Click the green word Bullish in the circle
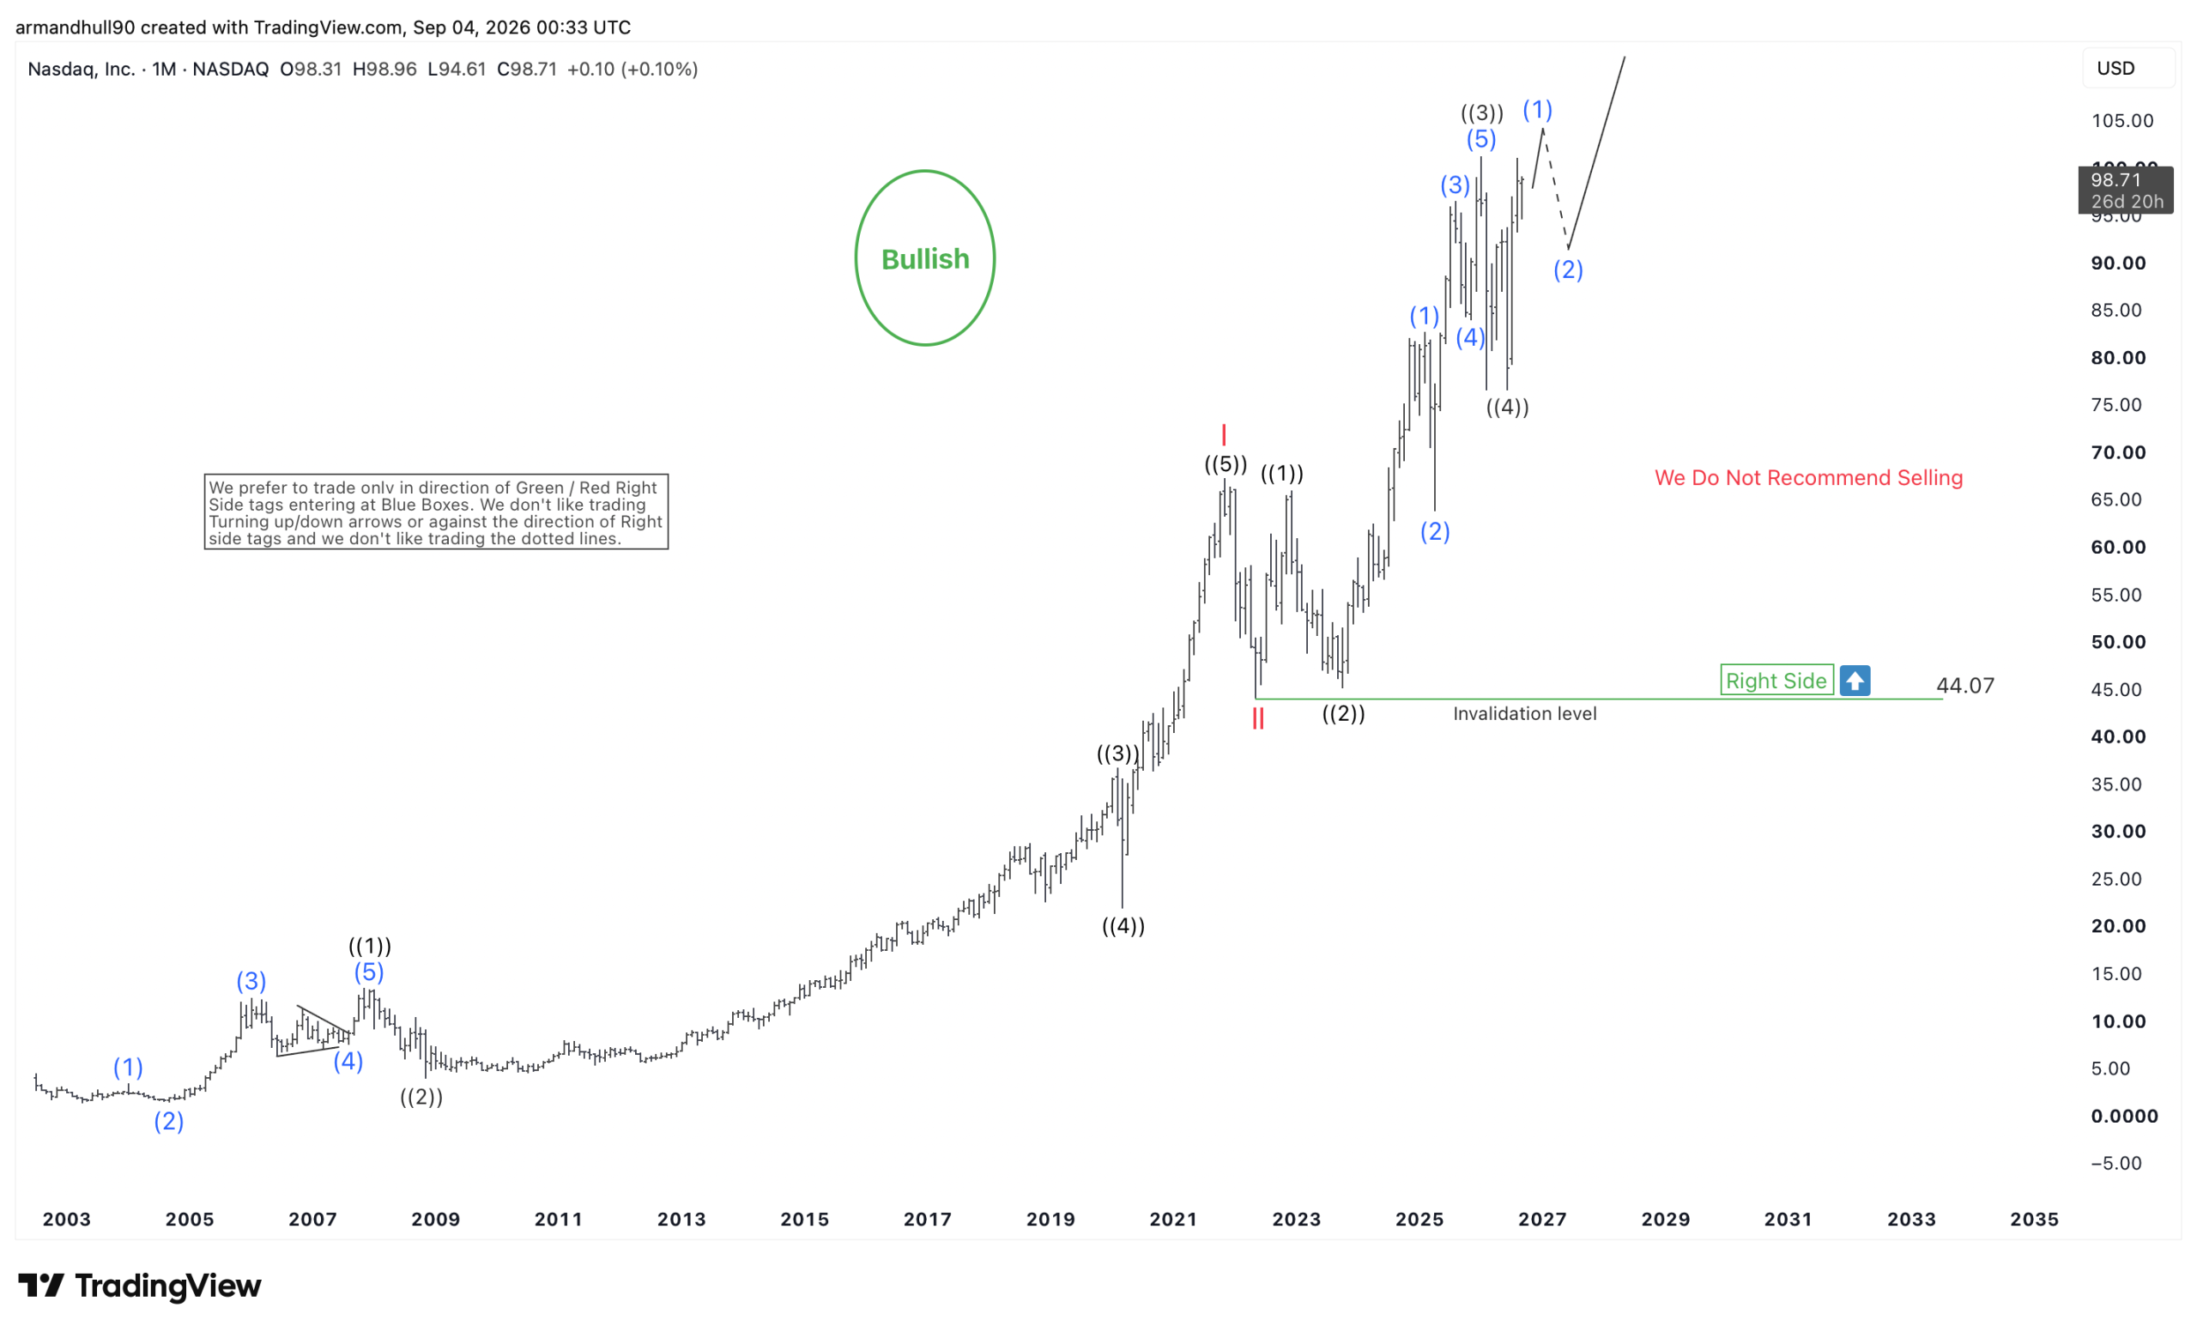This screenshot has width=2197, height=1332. (x=924, y=258)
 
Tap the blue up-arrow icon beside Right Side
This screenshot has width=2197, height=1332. (x=1855, y=681)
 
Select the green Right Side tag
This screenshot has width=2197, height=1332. (x=1776, y=681)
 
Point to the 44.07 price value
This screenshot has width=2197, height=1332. (x=1964, y=685)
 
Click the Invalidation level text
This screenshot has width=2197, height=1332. (x=1525, y=713)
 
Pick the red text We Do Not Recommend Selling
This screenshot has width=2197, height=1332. (x=1808, y=478)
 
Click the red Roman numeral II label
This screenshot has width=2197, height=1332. (x=1257, y=718)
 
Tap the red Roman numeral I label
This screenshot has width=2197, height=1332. (x=1224, y=434)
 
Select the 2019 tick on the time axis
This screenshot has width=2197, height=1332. (x=1050, y=1219)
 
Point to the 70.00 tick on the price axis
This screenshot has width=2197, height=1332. (x=2118, y=452)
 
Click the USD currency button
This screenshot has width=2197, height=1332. (x=2115, y=69)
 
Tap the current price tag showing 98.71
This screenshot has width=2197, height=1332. (x=2126, y=190)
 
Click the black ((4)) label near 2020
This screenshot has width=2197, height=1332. (x=1123, y=925)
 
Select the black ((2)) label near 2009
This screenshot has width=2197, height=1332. (x=421, y=1097)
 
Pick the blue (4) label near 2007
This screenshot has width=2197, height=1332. (x=348, y=1061)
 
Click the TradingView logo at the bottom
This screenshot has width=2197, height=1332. (x=140, y=1285)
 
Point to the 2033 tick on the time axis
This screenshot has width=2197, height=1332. (x=1910, y=1219)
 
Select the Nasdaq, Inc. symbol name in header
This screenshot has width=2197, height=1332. (x=82, y=69)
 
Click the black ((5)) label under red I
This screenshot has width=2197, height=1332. (x=1226, y=463)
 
